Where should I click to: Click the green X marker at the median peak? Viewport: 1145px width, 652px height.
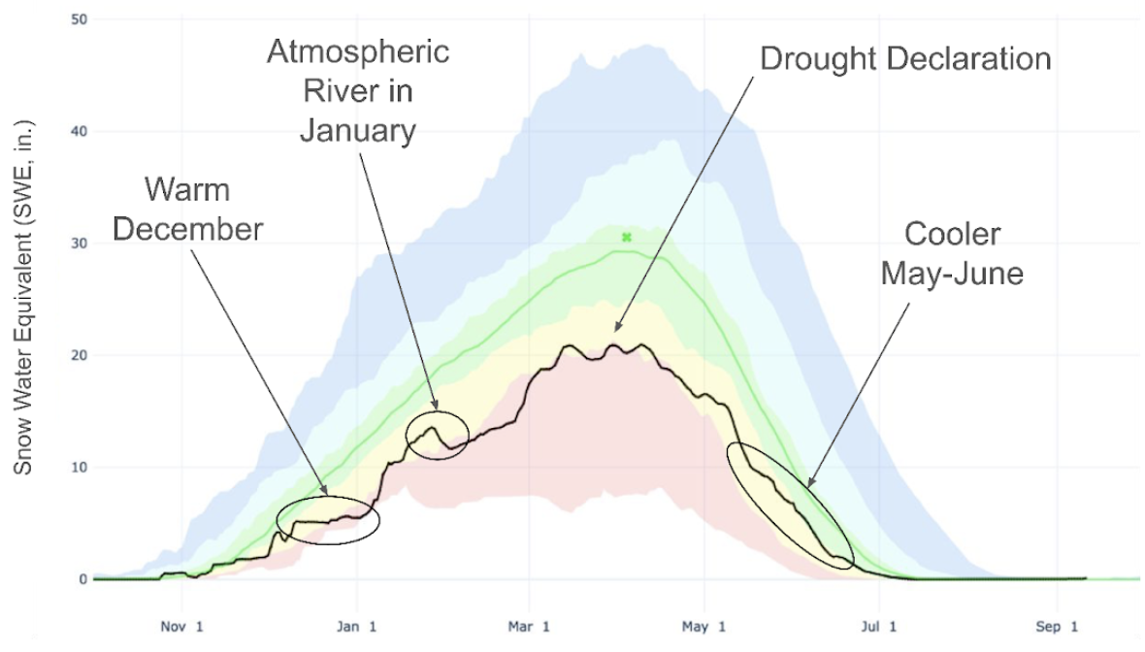[627, 237]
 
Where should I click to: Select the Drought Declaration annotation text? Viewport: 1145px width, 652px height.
[904, 59]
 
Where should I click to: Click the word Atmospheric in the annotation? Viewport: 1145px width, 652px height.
[358, 51]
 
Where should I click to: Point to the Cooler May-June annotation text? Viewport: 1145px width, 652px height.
[952, 254]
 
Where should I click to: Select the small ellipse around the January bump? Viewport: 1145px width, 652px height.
[438, 433]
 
